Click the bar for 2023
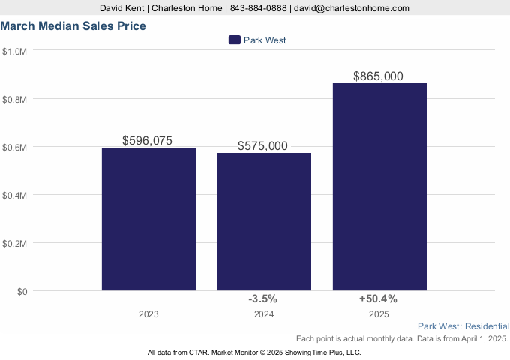click(x=148, y=218)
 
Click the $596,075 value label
click(x=148, y=140)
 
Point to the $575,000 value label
click(x=262, y=146)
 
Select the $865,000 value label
click(x=379, y=76)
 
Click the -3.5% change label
click(x=262, y=298)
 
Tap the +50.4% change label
click(x=378, y=298)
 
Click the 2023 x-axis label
click(x=148, y=314)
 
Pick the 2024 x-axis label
click(x=263, y=314)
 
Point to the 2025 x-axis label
click(x=379, y=314)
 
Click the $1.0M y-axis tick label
click(x=15, y=51)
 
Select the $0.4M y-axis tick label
click(x=15, y=195)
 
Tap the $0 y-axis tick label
click(x=22, y=291)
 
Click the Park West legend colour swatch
click(x=234, y=40)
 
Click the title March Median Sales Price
click(x=73, y=25)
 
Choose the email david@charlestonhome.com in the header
click(x=352, y=7)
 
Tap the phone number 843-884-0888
click(x=258, y=7)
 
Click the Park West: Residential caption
click(x=463, y=326)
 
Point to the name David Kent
click(x=122, y=7)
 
